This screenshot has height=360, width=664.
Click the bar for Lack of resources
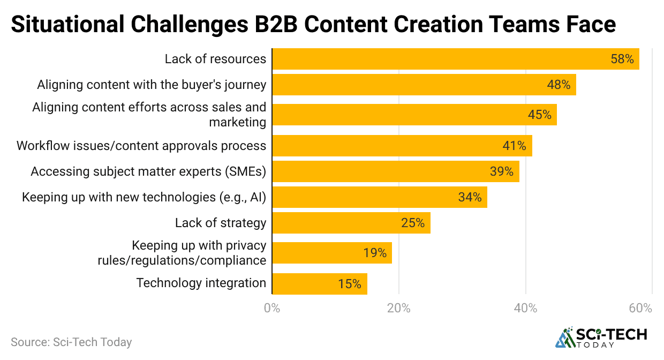455,59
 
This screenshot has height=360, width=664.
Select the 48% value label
558,85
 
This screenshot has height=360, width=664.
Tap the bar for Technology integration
320,284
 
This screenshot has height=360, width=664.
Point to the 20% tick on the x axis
398,309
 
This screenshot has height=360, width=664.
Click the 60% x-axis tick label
640,309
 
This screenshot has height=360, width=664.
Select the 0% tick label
272,309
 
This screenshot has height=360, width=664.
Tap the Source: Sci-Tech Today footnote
71,342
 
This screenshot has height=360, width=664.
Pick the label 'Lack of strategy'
221,223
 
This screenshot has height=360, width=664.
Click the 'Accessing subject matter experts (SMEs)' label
148,171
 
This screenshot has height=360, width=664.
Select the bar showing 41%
402,146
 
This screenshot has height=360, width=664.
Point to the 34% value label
470,197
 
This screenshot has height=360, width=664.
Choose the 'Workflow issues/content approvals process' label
141,146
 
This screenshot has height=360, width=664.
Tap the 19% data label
375,253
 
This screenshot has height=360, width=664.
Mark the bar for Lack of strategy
351,223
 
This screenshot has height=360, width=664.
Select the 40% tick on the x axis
525,309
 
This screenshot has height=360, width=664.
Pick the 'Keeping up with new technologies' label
144,197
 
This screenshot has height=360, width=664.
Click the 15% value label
350,284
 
